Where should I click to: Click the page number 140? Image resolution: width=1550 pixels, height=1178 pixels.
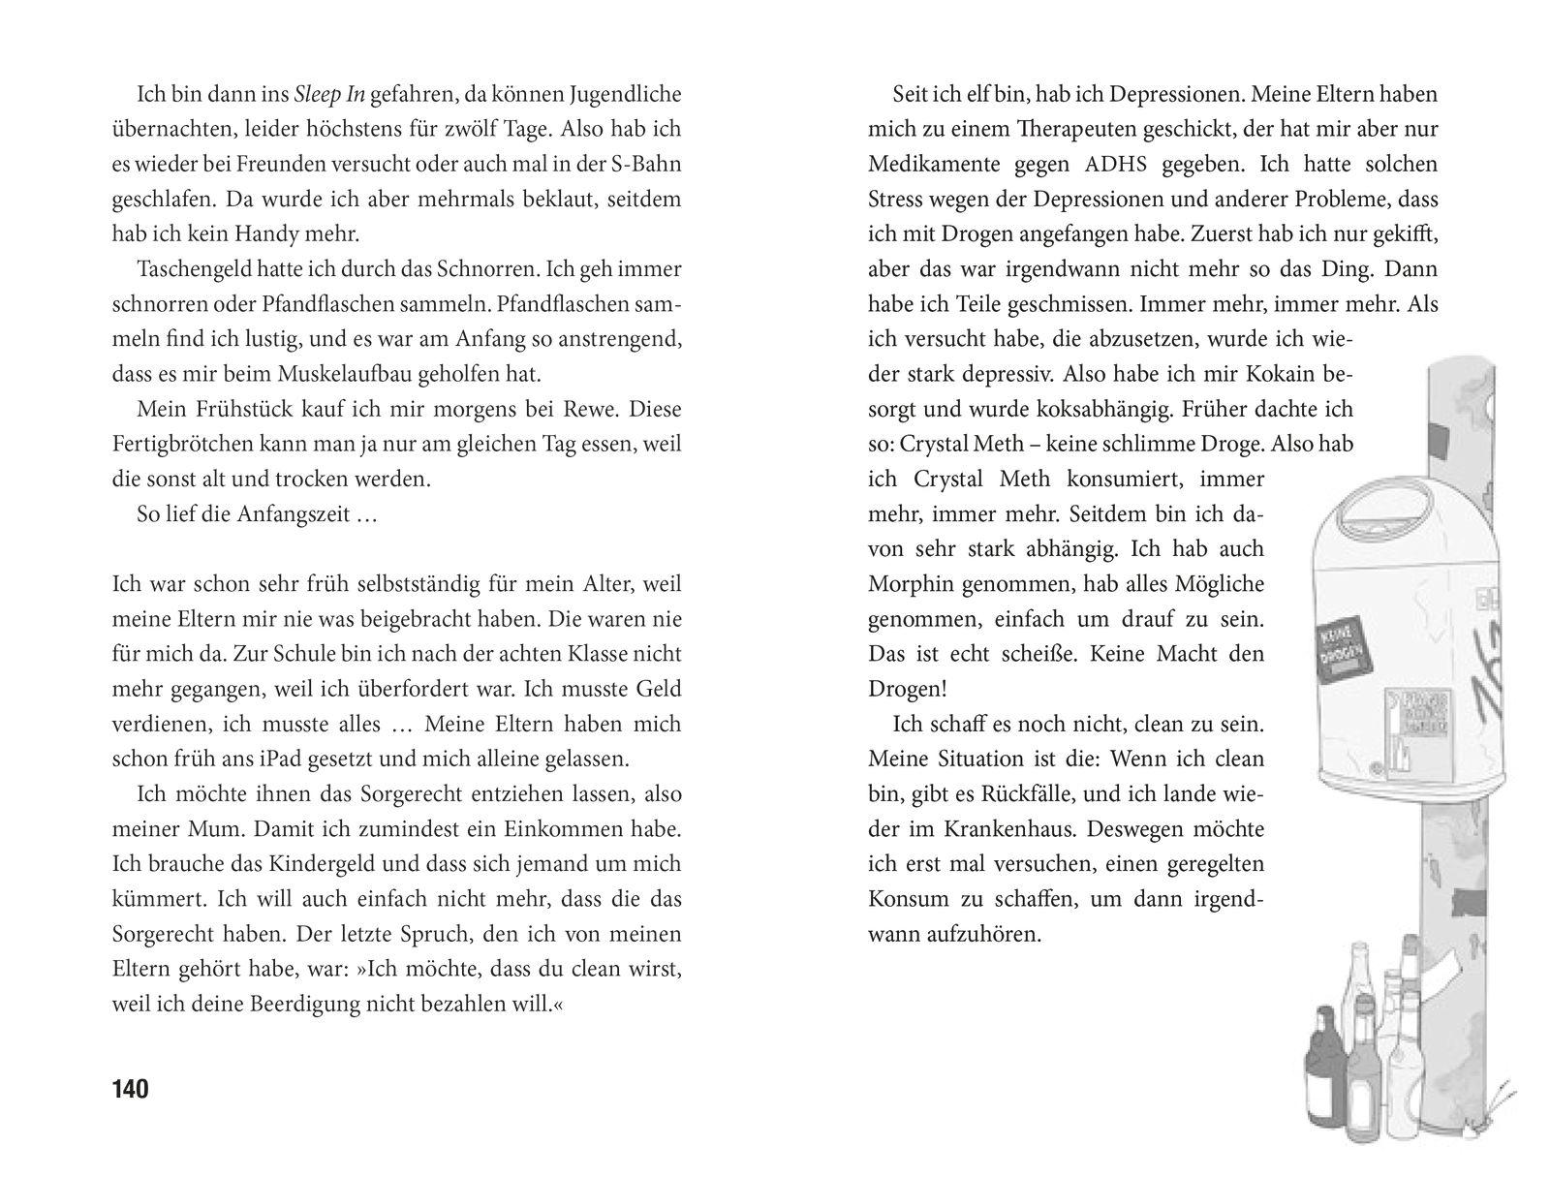131,1089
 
